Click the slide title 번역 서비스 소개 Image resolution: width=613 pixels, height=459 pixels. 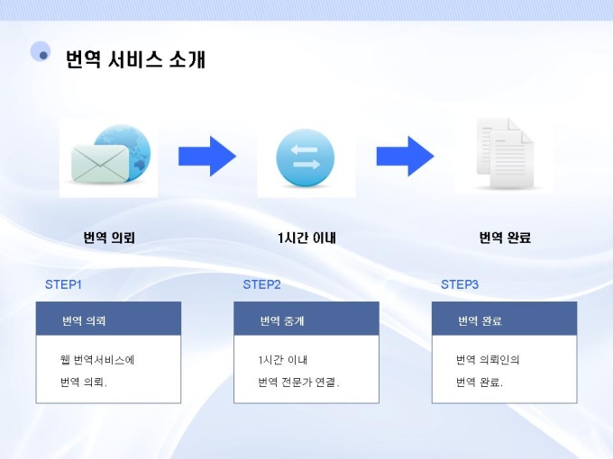click(135, 59)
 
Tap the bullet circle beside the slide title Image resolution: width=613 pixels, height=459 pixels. click(41, 52)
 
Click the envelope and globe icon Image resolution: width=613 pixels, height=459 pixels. click(108, 157)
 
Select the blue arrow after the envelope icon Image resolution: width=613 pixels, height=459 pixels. click(207, 156)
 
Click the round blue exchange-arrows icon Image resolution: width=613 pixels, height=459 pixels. click(306, 157)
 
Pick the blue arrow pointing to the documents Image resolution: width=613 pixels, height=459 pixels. click(405, 156)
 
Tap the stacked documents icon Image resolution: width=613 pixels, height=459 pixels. click(505, 155)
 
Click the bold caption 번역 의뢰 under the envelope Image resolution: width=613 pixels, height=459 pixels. click(109, 238)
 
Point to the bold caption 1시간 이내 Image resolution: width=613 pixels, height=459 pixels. click(306, 238)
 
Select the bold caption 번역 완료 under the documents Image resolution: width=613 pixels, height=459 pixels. click(505, 238)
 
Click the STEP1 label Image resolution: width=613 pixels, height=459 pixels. click(63, 284)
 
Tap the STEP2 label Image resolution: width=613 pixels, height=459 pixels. click(261, 284)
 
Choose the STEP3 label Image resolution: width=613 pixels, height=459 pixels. click(460, 284)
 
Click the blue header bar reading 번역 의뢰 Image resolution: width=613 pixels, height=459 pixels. click(108, 319)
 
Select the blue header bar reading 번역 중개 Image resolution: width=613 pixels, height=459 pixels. click(306, 319)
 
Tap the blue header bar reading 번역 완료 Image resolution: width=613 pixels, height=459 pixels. click(505, 319)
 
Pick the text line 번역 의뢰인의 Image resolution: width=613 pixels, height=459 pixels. click(488, 360)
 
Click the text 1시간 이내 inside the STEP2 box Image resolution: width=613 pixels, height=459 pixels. click(283, 360)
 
